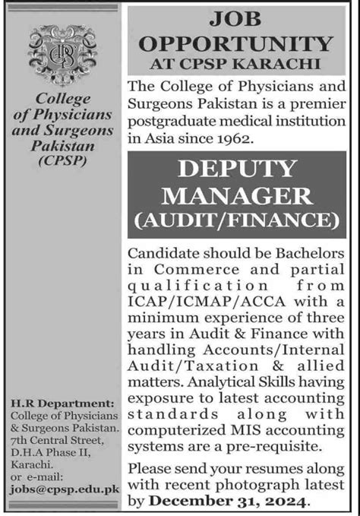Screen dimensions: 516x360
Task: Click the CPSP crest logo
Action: click(x=62, y=55)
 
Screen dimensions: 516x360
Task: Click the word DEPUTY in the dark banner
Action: click(x=238, y=172)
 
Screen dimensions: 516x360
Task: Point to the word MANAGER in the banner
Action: click(x=238, y=197)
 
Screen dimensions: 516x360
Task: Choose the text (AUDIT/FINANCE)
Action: click(x=238, y=221)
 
